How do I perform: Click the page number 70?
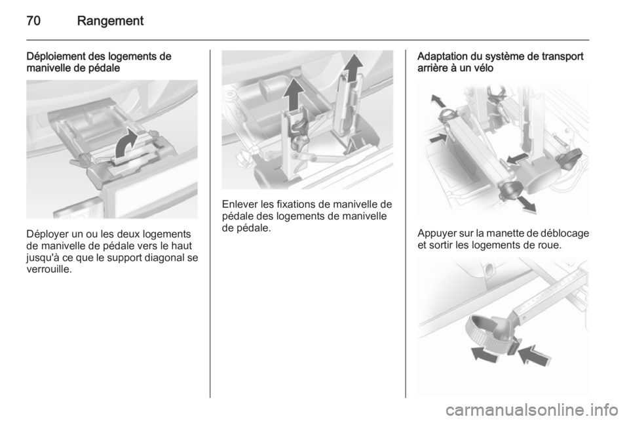point(33,20)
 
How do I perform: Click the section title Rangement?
point(110,21)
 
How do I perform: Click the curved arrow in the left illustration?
point(126,143)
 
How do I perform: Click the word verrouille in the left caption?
point(48,269)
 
